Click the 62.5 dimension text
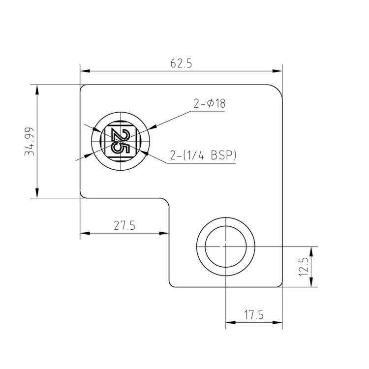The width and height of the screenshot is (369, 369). coord(181,63)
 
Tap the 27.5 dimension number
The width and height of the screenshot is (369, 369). coord(124,226)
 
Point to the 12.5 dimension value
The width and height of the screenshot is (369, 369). coord(304,266)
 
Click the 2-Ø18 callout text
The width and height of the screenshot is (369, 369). coord(209,104)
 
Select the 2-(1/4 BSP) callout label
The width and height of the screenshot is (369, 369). coord(203,155)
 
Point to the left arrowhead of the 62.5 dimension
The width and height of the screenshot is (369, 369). coord(84,71)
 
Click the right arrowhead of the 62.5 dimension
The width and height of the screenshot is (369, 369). coord(279,71)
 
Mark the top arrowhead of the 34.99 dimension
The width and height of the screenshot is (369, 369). coord(37,89)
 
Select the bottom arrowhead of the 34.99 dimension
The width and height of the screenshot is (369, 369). coord(37,194)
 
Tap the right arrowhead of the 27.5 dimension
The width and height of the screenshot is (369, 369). coord(166,233)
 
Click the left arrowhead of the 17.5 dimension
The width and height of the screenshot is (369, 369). coord(229,323)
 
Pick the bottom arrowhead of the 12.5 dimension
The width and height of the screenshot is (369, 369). coord(312,283)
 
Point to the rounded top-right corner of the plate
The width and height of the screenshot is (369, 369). coord(279,89)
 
